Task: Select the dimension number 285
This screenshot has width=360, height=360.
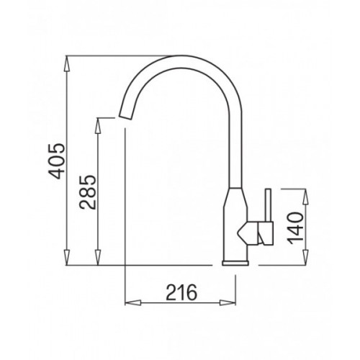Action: pos(87,192)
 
